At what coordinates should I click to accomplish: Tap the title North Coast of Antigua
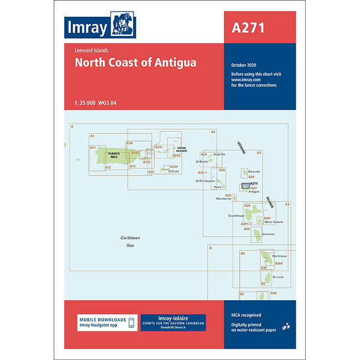tap(136, 63)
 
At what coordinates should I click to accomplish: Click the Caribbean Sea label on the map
tap(130, 241)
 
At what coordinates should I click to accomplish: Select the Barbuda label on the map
tap(254, 172)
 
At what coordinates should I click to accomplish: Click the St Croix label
tap(173, 171)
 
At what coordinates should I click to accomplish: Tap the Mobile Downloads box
tap(107, 323)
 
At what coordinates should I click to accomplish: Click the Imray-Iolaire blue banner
tap(173, 323)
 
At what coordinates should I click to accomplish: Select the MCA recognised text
tap(246, 315)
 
